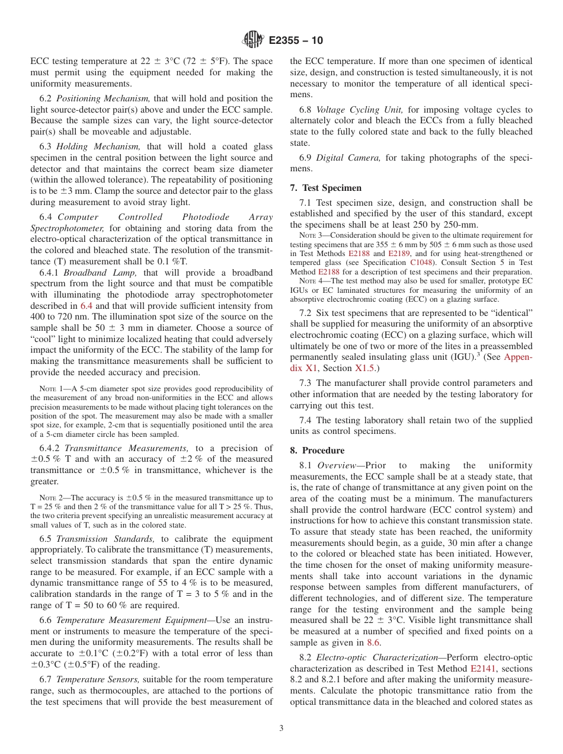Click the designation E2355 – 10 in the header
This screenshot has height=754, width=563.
296,40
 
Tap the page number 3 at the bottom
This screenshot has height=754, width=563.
281,729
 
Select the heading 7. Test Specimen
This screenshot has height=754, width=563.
325,188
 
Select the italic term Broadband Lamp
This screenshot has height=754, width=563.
101,273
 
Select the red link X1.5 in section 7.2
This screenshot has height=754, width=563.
365,368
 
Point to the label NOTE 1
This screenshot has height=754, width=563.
50,389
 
